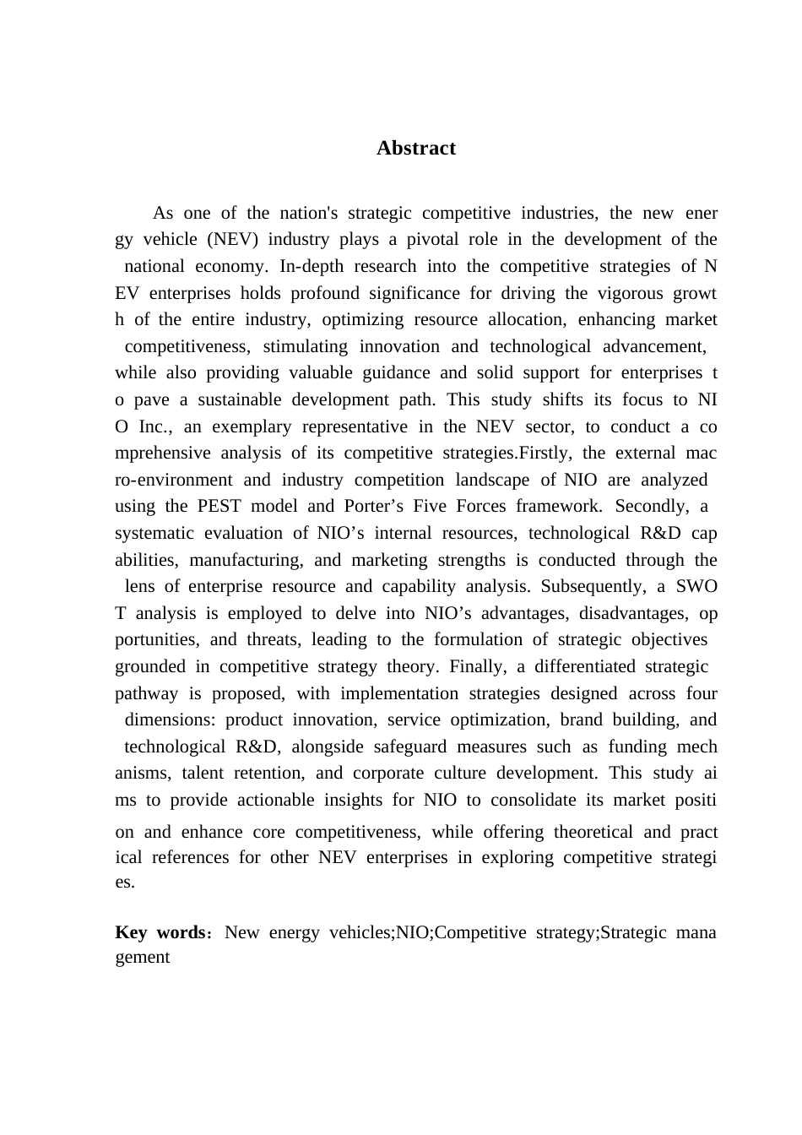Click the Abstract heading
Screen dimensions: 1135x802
coord(415,149)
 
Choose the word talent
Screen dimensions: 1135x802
coord(201,774)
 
